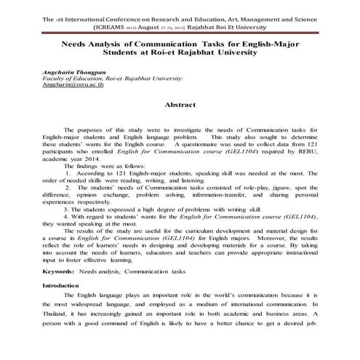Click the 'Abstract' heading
click(x=180, y=105)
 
